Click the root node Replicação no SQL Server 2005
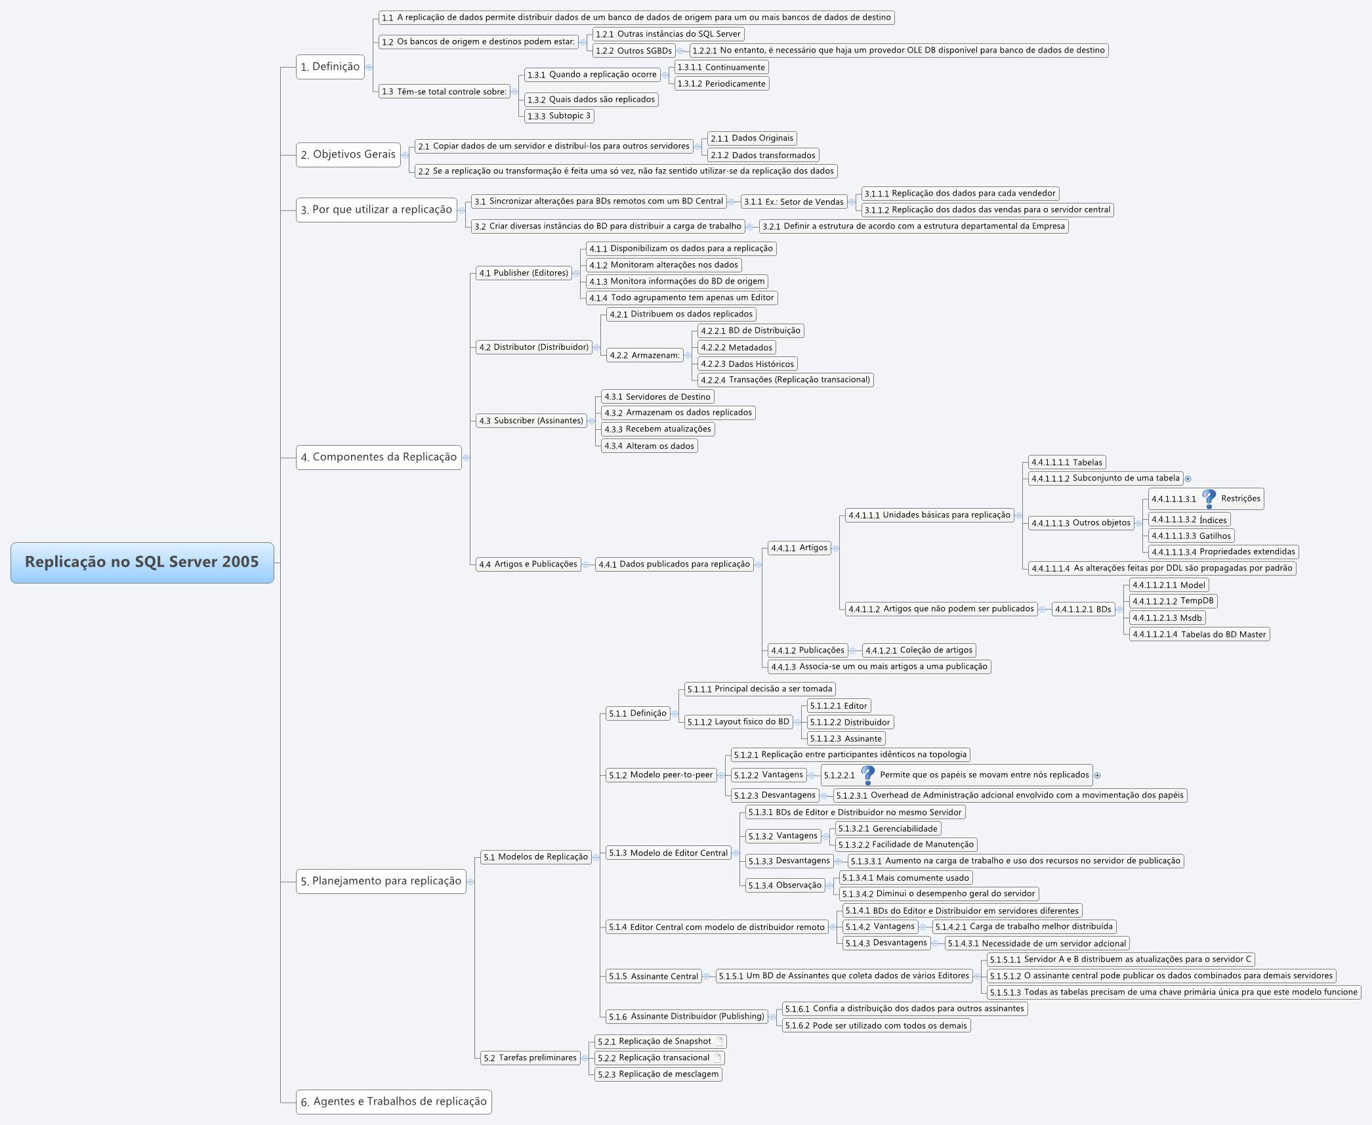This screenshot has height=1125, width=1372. click(142, 562)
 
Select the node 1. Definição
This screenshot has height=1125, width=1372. click(330, 67)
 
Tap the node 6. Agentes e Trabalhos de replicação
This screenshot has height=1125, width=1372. click(394, 1101)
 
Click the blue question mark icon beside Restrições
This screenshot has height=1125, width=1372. click(1209, 499)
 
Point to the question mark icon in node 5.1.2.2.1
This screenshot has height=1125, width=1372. click(867, 775)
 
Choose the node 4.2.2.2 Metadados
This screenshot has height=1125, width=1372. click(736, 347)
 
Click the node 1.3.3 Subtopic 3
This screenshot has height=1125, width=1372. click(559, 116)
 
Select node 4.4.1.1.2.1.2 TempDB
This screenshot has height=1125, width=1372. click(1173, 601)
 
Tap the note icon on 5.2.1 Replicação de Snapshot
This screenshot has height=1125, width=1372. click(719, 1041)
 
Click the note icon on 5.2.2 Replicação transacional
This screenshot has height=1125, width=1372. click(717, 1057)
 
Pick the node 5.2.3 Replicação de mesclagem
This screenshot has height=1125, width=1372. click(658, 1074)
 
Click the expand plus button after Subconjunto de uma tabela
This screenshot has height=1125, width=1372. click(1188, 478)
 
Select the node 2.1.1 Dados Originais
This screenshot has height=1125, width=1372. click(752, 138)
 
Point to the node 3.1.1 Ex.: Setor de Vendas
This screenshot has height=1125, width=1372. click(793, 202)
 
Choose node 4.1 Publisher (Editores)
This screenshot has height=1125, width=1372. click(524, 273)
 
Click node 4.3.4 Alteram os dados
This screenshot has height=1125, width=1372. click(649, 446)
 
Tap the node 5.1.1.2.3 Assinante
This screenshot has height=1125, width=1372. click(845, 738)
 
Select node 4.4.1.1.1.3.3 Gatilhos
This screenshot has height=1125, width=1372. click(1191, 536)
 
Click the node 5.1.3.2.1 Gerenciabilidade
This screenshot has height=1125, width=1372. click(888, 829)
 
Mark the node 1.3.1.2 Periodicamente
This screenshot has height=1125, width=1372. click(721, 84)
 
